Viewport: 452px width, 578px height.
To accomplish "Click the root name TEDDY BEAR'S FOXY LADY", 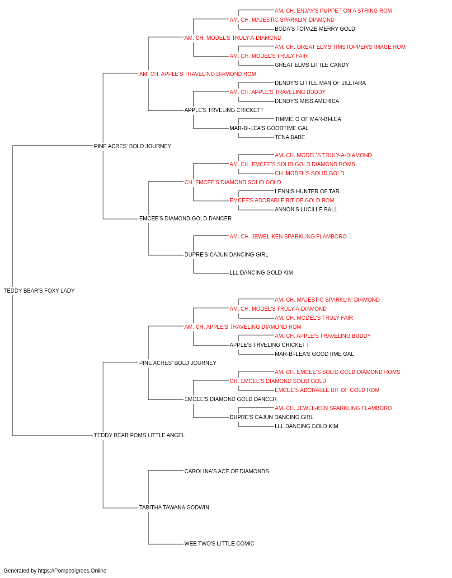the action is pyautogui.click(x=39, y=291).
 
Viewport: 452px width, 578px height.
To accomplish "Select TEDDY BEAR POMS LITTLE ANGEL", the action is pyautogui.click(x=139, y=435).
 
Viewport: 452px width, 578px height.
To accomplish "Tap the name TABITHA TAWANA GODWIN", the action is pyautogui.click(x=174, y=508).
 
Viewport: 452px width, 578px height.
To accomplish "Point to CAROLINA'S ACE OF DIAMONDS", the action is pyautogui.click(x=226, y=471).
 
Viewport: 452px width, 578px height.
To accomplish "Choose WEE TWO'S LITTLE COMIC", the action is pyautogui.click(x=219, y=544).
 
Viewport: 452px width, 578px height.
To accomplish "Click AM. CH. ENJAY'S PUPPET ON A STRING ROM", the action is pyautogui.click(x=333, y=11).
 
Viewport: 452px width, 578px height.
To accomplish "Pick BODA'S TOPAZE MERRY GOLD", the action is pyautogui.click(x=315, y=29).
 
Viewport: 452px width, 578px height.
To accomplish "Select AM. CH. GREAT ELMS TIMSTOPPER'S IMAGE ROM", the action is pyautogui.click(x=340, y=47).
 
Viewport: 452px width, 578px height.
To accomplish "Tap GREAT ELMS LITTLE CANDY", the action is pyautogui.click(x=312, y=65).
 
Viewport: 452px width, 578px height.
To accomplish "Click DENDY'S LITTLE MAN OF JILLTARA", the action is pyautogui.click(x=320, y=83).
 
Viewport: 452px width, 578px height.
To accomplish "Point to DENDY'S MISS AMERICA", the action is pyautogui.click(x=307, y=101).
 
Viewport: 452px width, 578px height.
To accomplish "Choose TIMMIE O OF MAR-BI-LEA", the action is pyautogui.click(x=308, y=119).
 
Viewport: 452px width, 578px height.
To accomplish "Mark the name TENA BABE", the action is pyautogui.click(x=290, y=138).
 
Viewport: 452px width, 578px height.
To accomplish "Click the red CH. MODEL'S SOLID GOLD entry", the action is pyautogui.click(x=309, y=173).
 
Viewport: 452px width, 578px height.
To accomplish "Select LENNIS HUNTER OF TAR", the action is pyautogui.click(x=307, y=191).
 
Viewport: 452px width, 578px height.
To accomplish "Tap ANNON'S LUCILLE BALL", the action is pyautogui.click(x=306, y=210).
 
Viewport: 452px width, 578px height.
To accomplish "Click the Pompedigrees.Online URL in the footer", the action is pyautogui.click(x=72, y=571).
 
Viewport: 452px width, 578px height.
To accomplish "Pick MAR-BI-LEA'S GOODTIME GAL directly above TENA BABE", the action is pyautogui.click(x=269, y=129).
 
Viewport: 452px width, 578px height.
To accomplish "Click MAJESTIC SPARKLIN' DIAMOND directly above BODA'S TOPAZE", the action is pyautogui.click(x=282, y=20).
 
